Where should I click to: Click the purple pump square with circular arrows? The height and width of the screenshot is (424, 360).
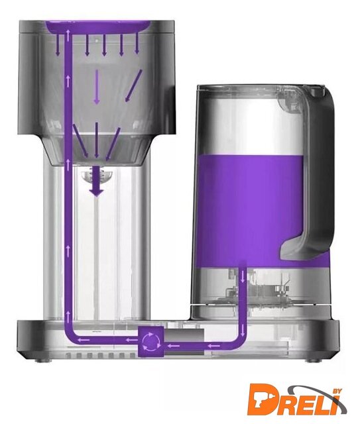[x=150, y=342]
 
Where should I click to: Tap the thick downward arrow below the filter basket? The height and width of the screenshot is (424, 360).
[x=96, y=181]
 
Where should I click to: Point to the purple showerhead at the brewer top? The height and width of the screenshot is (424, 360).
[x=98, y=26]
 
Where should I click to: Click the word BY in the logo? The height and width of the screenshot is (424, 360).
[x=338, y=391]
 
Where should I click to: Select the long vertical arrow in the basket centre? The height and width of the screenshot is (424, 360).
[x=97, y=87]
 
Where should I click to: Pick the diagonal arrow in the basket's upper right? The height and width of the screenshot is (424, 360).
[x=133, y=85]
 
